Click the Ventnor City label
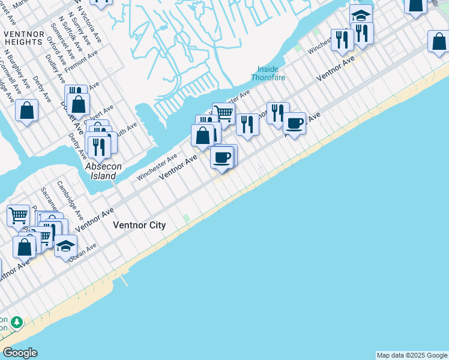coord(139,225)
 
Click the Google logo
coord(20,353)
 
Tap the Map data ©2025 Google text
coord(412,355)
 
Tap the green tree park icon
coord(17,323)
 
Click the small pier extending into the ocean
coord(124,280)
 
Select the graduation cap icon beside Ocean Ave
coord(65,247)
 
